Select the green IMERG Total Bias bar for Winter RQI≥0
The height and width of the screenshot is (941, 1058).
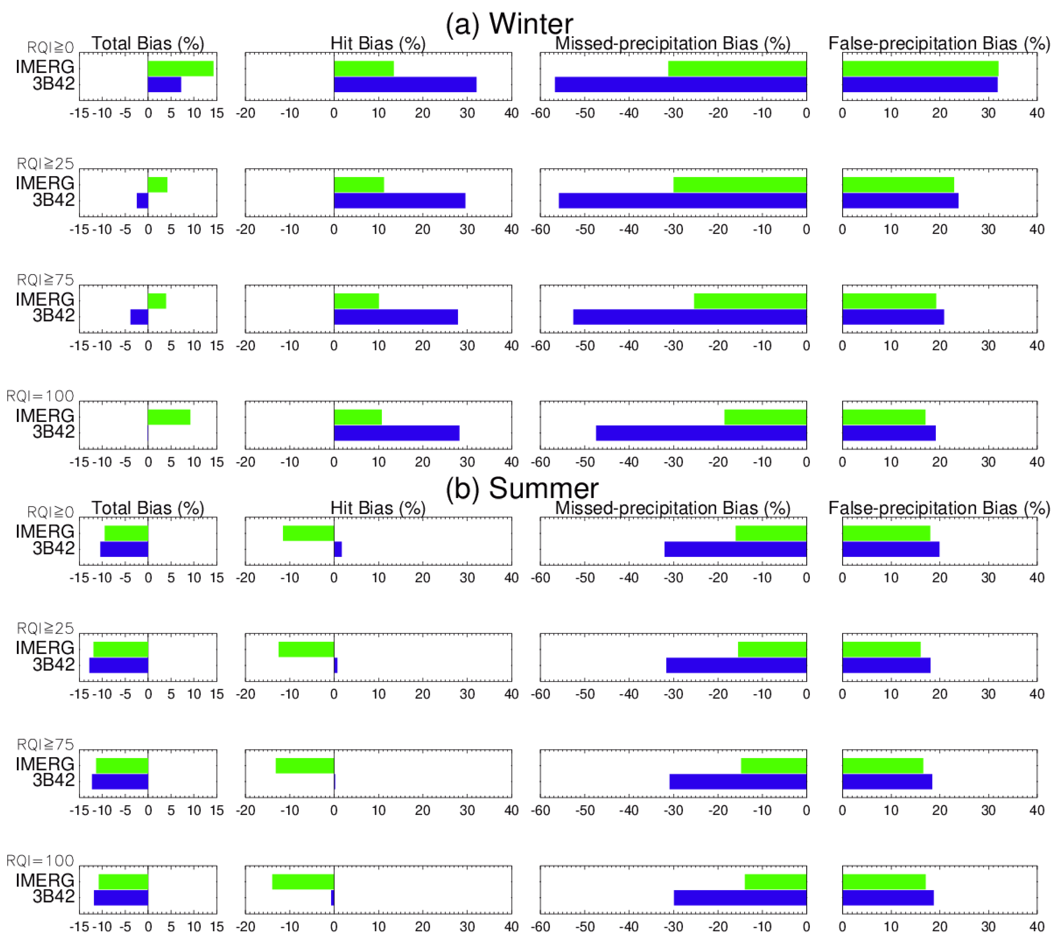181,68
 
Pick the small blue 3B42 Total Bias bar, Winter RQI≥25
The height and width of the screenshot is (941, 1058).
142,200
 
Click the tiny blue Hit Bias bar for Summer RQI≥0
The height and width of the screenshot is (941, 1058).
337,549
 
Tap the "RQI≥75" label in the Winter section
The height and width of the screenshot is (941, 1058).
46,280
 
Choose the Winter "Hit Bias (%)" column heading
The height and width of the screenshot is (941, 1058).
378,43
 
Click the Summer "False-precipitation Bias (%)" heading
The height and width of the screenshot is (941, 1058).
939,508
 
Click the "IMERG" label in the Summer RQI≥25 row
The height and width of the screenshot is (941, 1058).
45,648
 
